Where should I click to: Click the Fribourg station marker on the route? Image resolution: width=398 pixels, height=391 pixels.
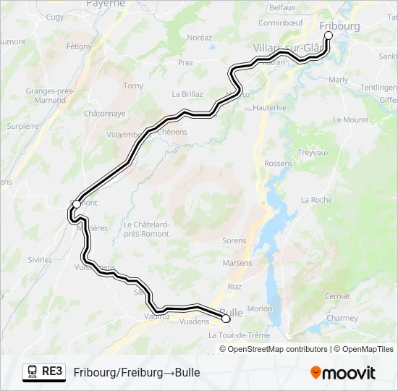click(328, 35)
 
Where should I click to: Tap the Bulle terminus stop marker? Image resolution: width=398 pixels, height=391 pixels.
click(226, 318)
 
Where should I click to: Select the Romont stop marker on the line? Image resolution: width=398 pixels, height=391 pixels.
click(76, 204)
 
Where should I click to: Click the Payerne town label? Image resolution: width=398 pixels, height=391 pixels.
click(106, 4)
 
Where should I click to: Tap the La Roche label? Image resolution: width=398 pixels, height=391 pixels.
click(316, 200)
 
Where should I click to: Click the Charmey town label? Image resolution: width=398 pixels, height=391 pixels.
click(342, 318)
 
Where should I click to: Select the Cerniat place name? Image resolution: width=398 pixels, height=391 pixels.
click(337, 296)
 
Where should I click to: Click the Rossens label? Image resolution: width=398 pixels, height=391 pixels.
click(279, 164)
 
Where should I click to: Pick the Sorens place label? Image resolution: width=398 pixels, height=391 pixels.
click(234, 240)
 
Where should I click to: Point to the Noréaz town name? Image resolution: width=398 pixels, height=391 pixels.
click(199, 37)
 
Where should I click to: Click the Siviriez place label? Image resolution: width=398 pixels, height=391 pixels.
click(40, 258)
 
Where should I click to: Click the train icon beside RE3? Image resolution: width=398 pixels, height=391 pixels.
click(33, 371)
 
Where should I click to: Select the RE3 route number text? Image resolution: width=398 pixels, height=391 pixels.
click(52, 371)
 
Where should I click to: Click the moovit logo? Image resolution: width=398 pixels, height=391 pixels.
click(343, 372)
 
